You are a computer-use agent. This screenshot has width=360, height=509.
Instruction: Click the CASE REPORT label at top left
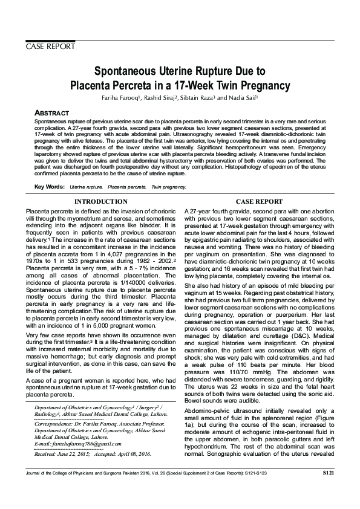pyautogui.click(x=50, y=47)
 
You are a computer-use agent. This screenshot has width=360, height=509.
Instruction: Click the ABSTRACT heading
pyautogui.click(x=52, y=113)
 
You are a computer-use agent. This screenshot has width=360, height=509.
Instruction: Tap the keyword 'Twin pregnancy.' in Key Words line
pyautogui.click(x=169, y=188)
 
